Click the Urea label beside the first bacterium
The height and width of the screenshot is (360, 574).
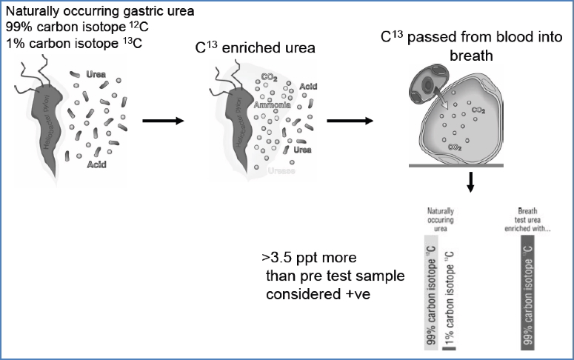pyautogui.click(x=95, y=76)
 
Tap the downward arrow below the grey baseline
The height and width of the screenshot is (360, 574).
pyautogui.click(x=470, y=184)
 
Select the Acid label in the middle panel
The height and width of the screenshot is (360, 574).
pyautogui.click(x=308, y=86)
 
